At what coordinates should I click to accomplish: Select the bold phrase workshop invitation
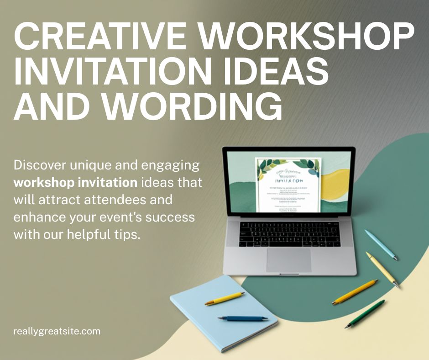tap(76, 182)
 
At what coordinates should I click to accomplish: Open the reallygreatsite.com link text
tap(57, 331)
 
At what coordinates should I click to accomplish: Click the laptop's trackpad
tap(288, 259)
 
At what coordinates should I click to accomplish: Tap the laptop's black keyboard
tap(290, 233)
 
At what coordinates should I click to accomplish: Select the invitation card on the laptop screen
tap(288, 185)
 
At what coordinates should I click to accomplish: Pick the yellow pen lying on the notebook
tap(225, 298)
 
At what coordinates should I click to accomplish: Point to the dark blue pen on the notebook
tap(243, 318)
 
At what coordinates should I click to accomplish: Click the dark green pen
tap(365, 314)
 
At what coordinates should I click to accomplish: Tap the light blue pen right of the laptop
tap(381, 245)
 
